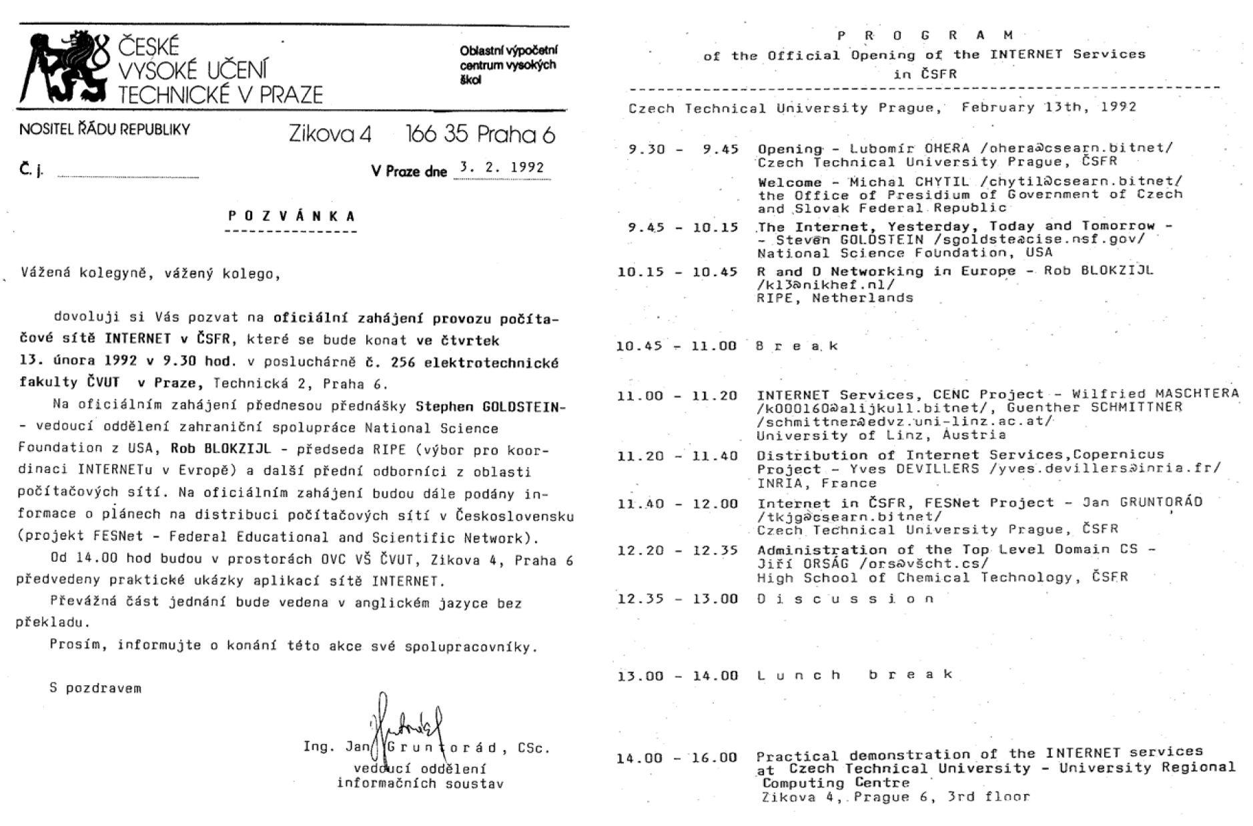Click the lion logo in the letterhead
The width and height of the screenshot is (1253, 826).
(63, 67)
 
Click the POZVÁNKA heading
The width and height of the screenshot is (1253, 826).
(292, 216)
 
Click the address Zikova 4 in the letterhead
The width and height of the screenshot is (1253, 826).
(330, 135)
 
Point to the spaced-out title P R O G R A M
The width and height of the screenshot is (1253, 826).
(925, 35)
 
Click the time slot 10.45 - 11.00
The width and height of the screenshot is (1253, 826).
(677, 346)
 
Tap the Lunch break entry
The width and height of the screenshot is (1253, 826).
(855, 675)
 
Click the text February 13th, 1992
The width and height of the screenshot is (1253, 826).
(1048, 107)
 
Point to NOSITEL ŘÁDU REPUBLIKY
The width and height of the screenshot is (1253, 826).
(105, 129)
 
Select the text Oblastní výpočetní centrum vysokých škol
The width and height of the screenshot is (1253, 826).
(508, 65)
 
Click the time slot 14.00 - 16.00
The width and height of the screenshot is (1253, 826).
(677, 758)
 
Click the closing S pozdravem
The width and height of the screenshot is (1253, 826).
(95, 688)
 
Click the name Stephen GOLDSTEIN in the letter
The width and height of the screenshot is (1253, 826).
(490, 406)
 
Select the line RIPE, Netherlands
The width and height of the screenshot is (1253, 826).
(835, 298)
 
